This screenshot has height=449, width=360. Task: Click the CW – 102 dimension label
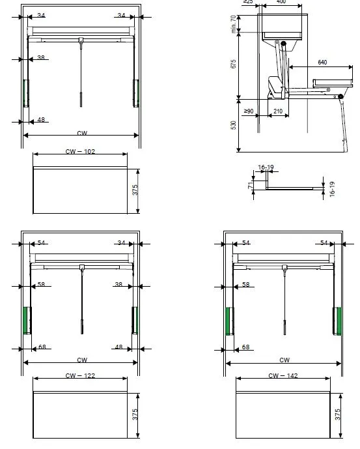pyautogui.click(x=81, y=151)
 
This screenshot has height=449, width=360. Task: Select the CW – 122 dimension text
pyautogui.click(x=81, y=375)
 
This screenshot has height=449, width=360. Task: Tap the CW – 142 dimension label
pyautogui.click(x=283, y=375)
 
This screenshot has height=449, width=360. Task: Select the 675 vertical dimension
pyautogui.click(x=234, y=64)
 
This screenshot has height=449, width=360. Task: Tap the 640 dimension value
pyautogui.click(x=322, y=63)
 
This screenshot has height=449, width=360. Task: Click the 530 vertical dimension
pyautogui.click(x=234, y=125)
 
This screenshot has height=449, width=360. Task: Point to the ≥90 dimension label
pyautogui.click(x=248, y=111)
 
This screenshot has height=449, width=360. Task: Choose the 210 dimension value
pyautogui.click(x=277, y=111)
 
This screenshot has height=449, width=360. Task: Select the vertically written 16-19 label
pyautogui.click(x=331, y=189)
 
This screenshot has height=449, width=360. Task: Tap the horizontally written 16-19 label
pyautogui.click(x=266, y=167)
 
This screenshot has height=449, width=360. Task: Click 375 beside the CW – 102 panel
pyautogui.click(x=135, y=190)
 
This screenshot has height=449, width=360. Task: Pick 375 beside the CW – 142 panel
pyautogui.click(x=337, y=414)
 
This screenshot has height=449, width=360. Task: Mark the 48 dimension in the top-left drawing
pyautogui.click(x=41, y=120)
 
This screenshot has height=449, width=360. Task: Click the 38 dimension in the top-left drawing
pyautogui.click(x=41, y=58)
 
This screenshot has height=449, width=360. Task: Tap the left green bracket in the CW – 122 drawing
pyautogui.click(x=27, y=320)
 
